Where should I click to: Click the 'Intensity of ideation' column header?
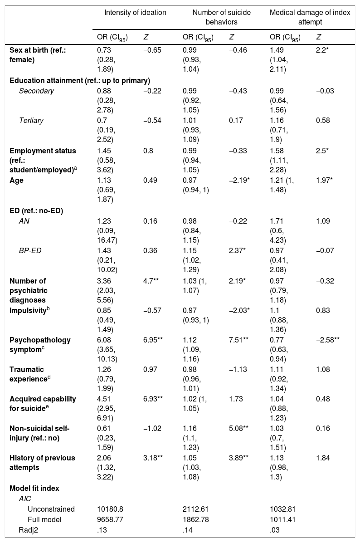(135, 13)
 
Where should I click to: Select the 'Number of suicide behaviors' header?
(222, 17)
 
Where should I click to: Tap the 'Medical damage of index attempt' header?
(310, 17)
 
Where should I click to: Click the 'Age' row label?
(16, 181)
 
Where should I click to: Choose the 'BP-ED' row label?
(30, 250)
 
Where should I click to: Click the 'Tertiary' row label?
(31, 121)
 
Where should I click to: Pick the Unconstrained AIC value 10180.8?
(110, 509)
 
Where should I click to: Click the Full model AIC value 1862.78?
(195, 519)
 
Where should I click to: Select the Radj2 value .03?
(275, 530)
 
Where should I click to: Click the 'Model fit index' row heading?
(34, 488)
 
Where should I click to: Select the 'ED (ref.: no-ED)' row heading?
(36, 210)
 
